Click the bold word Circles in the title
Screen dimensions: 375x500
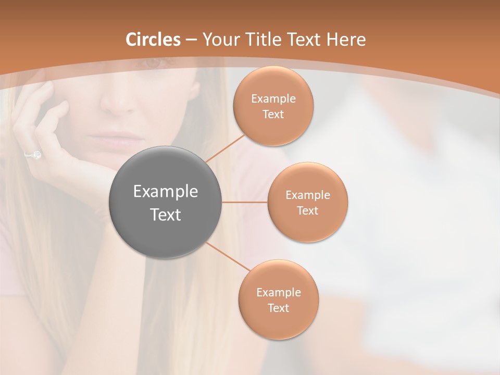[x=153, y=39]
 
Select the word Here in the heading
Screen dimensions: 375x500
[x=346, y=39]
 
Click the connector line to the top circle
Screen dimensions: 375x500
[x=225, y=148]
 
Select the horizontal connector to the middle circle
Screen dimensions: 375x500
[x=244, y=202]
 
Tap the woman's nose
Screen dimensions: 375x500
[x=117, y=104]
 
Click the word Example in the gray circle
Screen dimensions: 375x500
[x=165, y=192]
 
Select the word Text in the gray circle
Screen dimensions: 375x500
[x=165, y=215]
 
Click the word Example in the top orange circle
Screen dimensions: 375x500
[x=273, y=99]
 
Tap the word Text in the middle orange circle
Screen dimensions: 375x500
[x=307, y=210]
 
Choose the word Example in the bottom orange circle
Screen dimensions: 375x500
[x=278, y=292]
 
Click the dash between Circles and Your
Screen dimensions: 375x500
[x=191, y=40]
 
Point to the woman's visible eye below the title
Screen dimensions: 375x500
[x=152, y=64]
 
